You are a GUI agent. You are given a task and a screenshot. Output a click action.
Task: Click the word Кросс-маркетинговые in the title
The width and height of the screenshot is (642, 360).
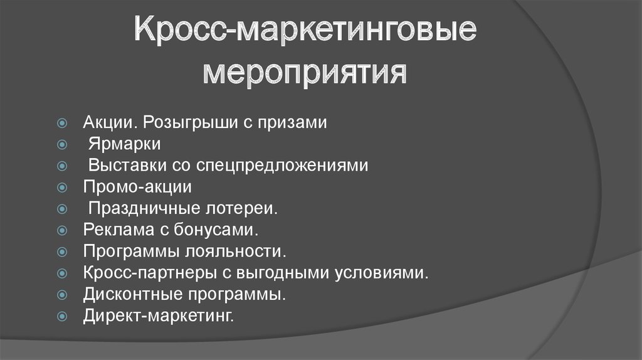point(305,29)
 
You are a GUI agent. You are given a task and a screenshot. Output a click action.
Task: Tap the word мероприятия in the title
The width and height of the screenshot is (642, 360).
point(305,73)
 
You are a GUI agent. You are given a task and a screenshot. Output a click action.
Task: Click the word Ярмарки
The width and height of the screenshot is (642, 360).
point(125,144)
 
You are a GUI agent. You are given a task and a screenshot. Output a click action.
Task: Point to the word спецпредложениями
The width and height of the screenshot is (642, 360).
point(282,166)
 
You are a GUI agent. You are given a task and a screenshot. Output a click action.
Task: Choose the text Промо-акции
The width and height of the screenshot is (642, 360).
point(137,187)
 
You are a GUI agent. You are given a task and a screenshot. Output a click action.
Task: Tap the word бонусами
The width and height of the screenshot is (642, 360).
point(216,230)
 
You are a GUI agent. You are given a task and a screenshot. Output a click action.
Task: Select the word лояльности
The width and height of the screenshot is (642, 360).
point(236,251)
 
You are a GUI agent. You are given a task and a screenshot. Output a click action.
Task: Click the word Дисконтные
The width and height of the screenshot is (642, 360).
point(133,294)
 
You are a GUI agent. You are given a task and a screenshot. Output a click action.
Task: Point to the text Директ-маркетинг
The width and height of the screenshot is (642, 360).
point(159,315)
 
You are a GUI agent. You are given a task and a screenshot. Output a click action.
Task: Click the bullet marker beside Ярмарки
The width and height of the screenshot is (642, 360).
point(62,144)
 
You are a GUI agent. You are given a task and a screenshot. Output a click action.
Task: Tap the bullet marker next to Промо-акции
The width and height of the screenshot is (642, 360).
point(62,187)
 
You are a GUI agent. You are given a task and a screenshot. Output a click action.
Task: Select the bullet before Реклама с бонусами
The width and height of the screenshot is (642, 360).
point(62,230)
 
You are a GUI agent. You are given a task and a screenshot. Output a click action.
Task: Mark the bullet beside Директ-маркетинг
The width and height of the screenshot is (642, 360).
point(62,316)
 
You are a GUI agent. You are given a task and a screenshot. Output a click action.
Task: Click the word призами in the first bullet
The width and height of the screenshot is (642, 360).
point(292,122)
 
